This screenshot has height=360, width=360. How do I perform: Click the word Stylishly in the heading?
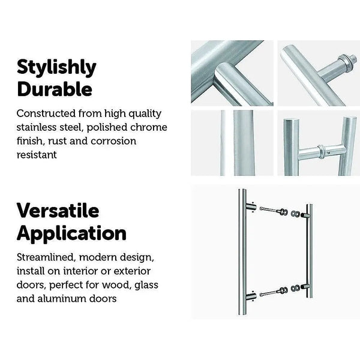click(x=56, y=68)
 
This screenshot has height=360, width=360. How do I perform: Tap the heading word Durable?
click(x=54, y=89)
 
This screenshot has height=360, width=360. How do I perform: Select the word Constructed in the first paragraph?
click(x=46, y=113)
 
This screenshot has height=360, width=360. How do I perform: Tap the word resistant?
click(x=37, y=155)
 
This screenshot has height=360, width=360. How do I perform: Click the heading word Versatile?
click(x=57, y=211)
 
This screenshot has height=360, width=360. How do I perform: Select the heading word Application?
click(x=71, y=233)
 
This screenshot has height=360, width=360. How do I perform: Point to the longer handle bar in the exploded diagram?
click(x=243, y=252)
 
